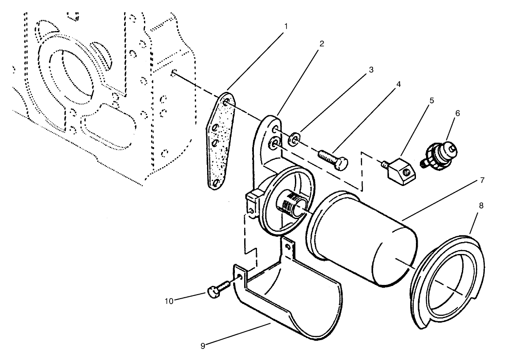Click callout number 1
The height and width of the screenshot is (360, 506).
[286, 26]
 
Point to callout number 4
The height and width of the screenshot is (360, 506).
[399, 83]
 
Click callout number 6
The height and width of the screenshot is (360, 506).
[457, 113]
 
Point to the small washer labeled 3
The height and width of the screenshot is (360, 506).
[293, 140]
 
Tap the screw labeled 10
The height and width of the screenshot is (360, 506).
[216, 289]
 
